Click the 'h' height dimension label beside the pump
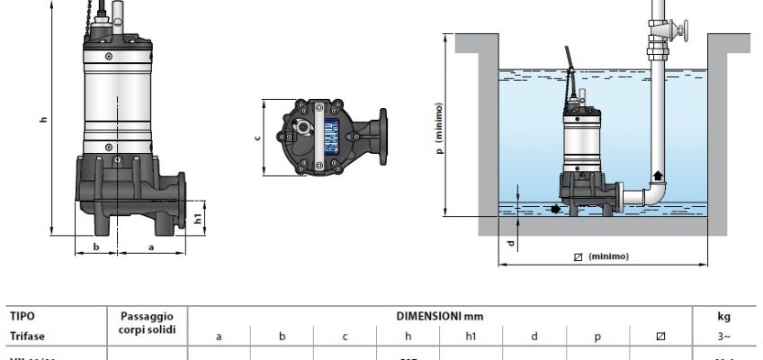point(43,122)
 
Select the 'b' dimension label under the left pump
point(96,244)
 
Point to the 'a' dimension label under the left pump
point(150,244)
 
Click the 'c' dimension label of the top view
point(256,138)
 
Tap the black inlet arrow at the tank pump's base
point(557,209)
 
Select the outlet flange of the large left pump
point(184,196)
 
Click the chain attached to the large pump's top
point(89,22)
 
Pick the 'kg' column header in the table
point(724,317)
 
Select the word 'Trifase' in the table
point(28,337)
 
